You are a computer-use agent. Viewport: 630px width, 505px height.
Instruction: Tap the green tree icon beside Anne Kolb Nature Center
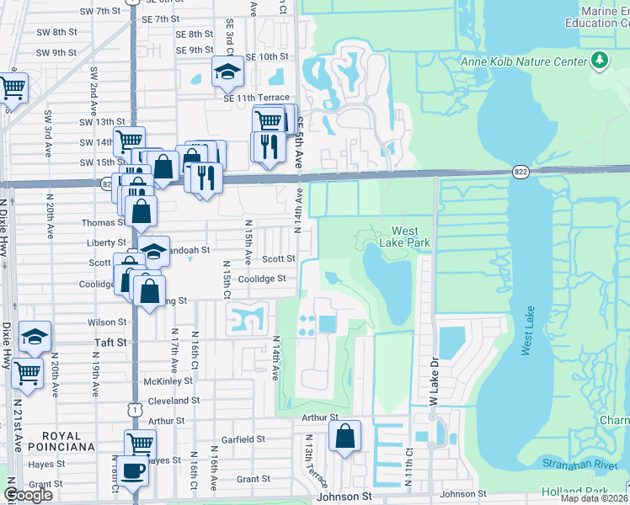click(600, 60)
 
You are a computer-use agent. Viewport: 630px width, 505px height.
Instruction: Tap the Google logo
click(28, 495)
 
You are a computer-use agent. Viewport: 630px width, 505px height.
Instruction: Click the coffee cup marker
click(132, 470)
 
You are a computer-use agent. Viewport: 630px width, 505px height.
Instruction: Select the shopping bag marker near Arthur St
click(344, 437)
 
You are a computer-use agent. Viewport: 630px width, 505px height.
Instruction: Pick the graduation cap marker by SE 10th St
click(227, 72)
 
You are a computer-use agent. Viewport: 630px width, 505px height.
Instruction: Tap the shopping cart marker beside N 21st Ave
click(28, 371)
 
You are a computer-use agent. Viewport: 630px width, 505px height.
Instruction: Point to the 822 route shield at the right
click(519, 171)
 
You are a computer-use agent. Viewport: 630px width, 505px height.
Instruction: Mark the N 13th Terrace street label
click(316, 460)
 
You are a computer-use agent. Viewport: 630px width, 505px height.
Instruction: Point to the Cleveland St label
click(171, 401)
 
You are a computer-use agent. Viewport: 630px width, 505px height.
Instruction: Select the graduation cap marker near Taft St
click(35, 336)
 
